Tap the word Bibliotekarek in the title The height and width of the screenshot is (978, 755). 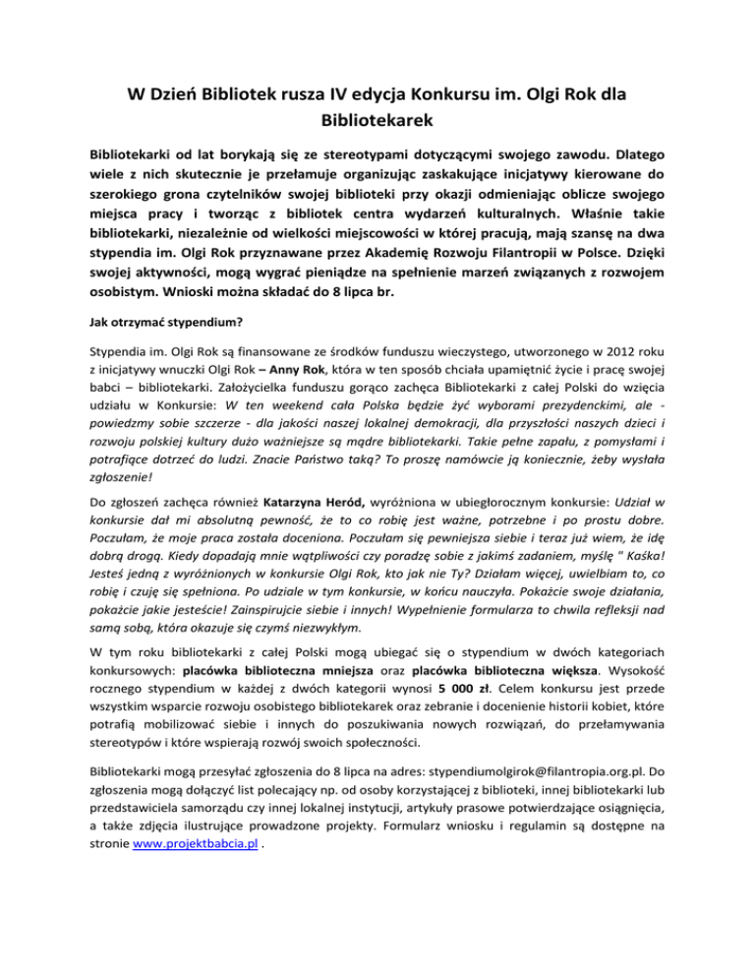pos(377,123)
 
